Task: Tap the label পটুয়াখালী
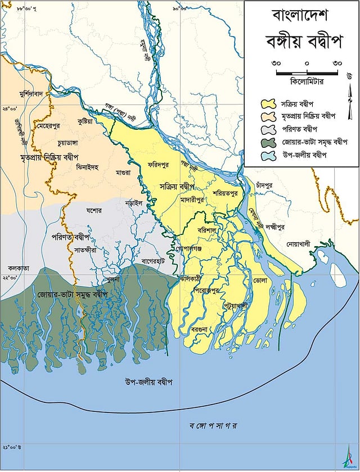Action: click(x=236, y=304)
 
